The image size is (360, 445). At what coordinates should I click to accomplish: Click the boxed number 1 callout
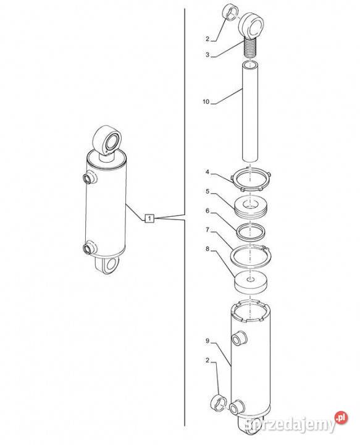149,218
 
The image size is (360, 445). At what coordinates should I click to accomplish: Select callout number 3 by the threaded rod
207,55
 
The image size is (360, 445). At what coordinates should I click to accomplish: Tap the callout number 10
206,101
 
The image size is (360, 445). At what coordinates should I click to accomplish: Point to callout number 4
207,172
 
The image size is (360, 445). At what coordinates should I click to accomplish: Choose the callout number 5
207,192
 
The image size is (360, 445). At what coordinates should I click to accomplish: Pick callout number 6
207,211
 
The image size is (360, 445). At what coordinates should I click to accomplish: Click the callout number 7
207,230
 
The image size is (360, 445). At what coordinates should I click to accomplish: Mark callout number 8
207,249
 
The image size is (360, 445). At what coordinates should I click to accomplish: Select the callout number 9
207,341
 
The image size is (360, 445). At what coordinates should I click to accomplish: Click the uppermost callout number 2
207,39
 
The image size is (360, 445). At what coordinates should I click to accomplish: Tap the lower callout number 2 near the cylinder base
207,360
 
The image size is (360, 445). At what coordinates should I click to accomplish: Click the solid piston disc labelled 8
251,282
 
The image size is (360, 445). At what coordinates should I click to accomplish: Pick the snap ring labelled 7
251,255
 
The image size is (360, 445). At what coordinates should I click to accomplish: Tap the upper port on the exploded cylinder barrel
238,337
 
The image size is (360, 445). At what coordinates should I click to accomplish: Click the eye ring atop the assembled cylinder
107,142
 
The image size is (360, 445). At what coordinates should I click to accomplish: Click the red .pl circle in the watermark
341,417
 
